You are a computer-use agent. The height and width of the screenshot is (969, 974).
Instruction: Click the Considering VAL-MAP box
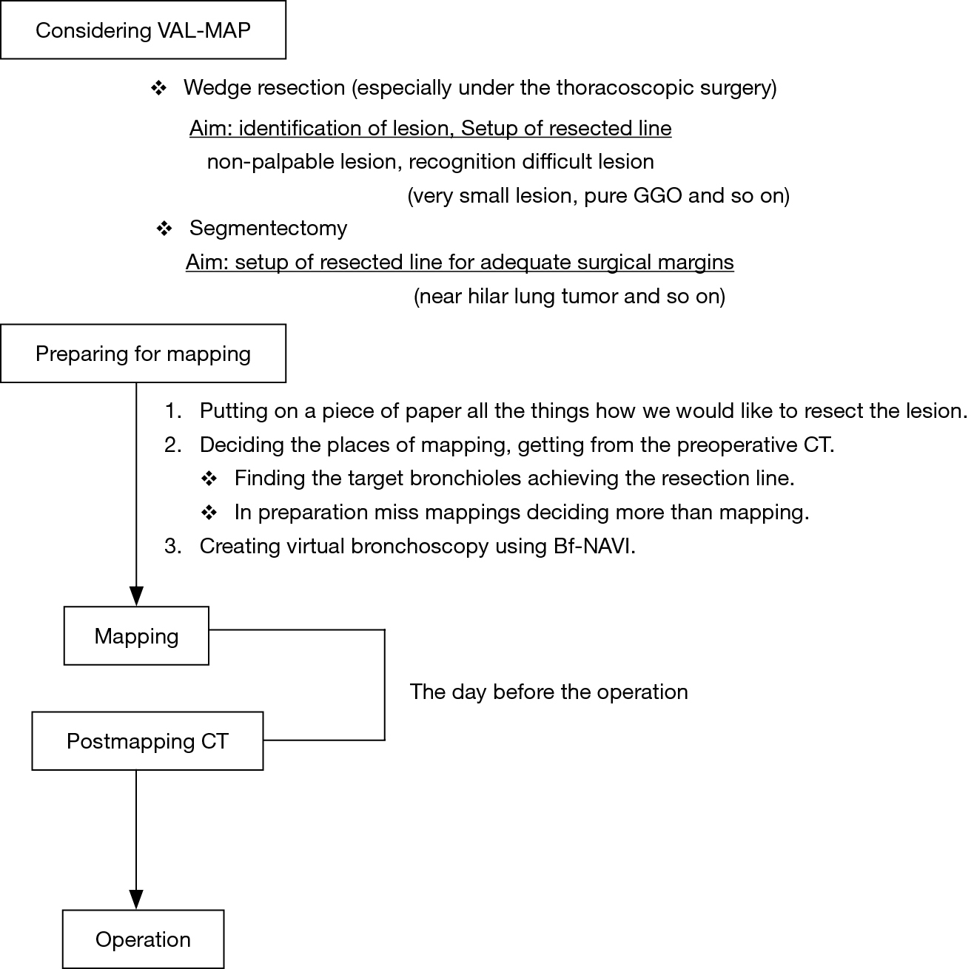143,30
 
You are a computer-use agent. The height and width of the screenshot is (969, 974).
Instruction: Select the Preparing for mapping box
143,354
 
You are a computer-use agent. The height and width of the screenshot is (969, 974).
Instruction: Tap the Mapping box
136,635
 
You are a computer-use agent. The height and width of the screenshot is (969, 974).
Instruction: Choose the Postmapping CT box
147,740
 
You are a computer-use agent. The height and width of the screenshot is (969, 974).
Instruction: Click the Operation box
143,939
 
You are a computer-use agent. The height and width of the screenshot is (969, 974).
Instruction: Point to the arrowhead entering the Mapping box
136,596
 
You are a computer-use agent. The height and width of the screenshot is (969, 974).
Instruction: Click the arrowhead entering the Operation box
136,899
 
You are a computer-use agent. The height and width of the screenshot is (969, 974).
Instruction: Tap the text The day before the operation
549,692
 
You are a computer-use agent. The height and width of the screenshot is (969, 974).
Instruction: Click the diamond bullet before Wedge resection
158,89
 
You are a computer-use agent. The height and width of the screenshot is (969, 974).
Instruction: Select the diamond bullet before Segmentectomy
164,229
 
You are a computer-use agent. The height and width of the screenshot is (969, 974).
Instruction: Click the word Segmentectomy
269,229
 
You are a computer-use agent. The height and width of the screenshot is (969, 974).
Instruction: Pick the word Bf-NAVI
594,546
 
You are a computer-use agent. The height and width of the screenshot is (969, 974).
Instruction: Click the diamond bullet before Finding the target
209,479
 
